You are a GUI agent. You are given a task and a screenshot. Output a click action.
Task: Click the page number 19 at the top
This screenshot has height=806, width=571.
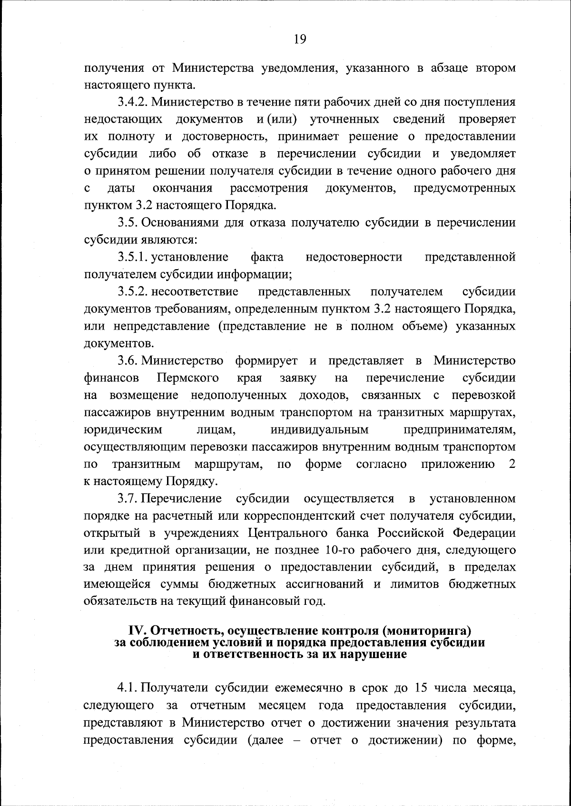pyautogui.click(x=300, y=39)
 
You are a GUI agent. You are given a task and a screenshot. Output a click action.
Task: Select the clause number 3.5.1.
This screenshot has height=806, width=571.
pyautogui.click(x=133, y=257)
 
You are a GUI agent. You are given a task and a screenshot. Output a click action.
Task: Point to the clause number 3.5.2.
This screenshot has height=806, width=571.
pyautogui.click(x=133, y=291)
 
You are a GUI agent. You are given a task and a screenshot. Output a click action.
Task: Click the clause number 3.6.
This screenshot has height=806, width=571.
pyautogui.click(x=128, y=361)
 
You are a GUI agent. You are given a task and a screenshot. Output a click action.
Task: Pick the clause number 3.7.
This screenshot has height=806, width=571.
pyautogui.click(x=128, y=499)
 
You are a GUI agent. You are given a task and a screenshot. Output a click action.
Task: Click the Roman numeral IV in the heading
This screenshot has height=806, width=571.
pyautogui.click(x=138, y=631)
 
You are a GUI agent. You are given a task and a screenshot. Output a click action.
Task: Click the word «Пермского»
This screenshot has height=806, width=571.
pyautogui.click(x=187, y=378)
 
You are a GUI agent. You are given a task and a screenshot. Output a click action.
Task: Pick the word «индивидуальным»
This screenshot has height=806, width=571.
pyautogui.click(x=319, y=430)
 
